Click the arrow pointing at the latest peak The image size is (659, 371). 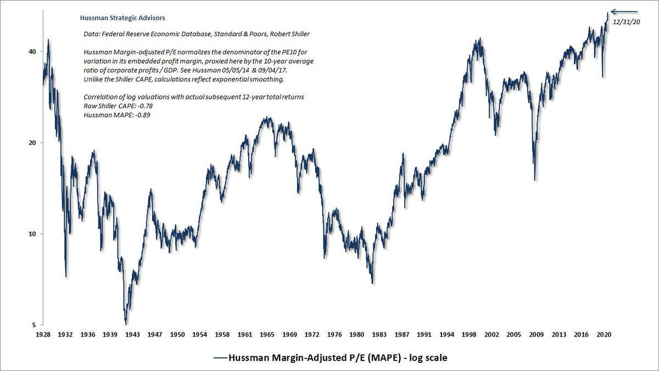click(x=624, y=11)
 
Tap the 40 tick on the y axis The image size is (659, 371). click(x=32, y=52)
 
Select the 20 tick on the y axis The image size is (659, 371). click(x=32, y=143)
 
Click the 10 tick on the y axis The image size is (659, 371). click(x=32, y=234)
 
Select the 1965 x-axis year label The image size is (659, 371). click(x=267, y=334)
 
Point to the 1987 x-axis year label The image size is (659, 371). click(x=401, y=334)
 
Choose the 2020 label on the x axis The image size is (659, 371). click(x=604, y=334)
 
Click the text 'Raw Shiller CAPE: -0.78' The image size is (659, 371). click(x=114, y=106)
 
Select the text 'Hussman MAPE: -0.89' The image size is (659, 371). click(x=110, y=115)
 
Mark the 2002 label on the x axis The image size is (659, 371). click(x=492, y=334)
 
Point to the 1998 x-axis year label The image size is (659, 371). click(x=468, y=334)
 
